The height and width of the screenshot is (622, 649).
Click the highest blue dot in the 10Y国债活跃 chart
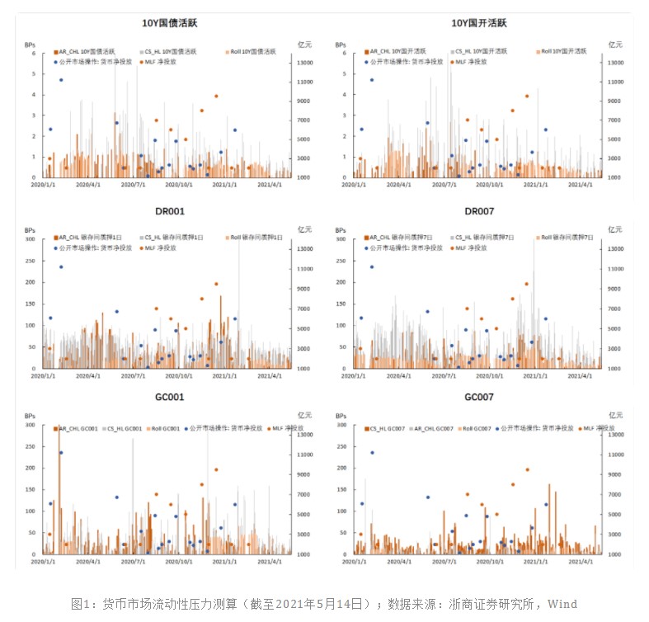60,80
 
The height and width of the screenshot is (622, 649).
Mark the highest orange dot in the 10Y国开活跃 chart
527,96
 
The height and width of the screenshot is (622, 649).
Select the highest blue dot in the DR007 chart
371,266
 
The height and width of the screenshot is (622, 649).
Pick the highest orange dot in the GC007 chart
527,469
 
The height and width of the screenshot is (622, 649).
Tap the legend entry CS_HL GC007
387,428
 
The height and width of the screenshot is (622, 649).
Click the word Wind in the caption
562,604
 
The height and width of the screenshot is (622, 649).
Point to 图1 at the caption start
80,604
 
